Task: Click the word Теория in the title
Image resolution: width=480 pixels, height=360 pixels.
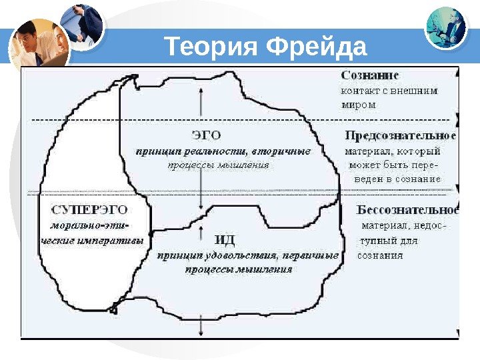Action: tap(211, 48)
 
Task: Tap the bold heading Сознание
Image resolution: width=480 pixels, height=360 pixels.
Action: tap(375, 76)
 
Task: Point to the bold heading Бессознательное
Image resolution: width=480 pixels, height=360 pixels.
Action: tap(408, 209)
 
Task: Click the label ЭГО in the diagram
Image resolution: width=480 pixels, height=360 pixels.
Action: tap(207, 135)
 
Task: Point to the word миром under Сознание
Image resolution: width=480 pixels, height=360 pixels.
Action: tap(359, 105)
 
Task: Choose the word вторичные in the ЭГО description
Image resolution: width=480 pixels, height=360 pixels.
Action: tap(286, 151)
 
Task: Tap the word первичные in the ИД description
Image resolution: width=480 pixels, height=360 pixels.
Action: tap(311, 255)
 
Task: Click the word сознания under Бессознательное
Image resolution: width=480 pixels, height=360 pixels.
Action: tap(380, 255)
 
